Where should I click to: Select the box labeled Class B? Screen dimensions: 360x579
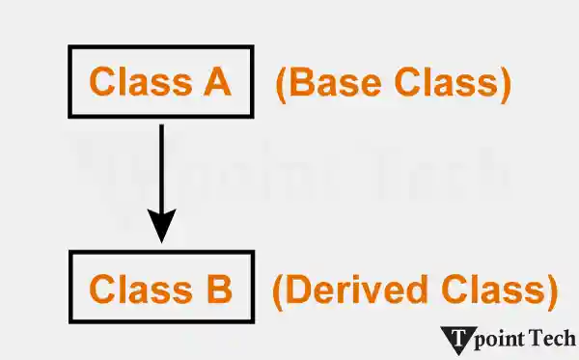point(161,289)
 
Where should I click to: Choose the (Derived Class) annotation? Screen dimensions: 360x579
point(415,290)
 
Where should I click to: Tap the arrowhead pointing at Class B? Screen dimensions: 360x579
point(162,229)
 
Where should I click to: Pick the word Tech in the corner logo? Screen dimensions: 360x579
point(558,338)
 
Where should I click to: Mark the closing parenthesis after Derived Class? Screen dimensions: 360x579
point(552,290)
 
